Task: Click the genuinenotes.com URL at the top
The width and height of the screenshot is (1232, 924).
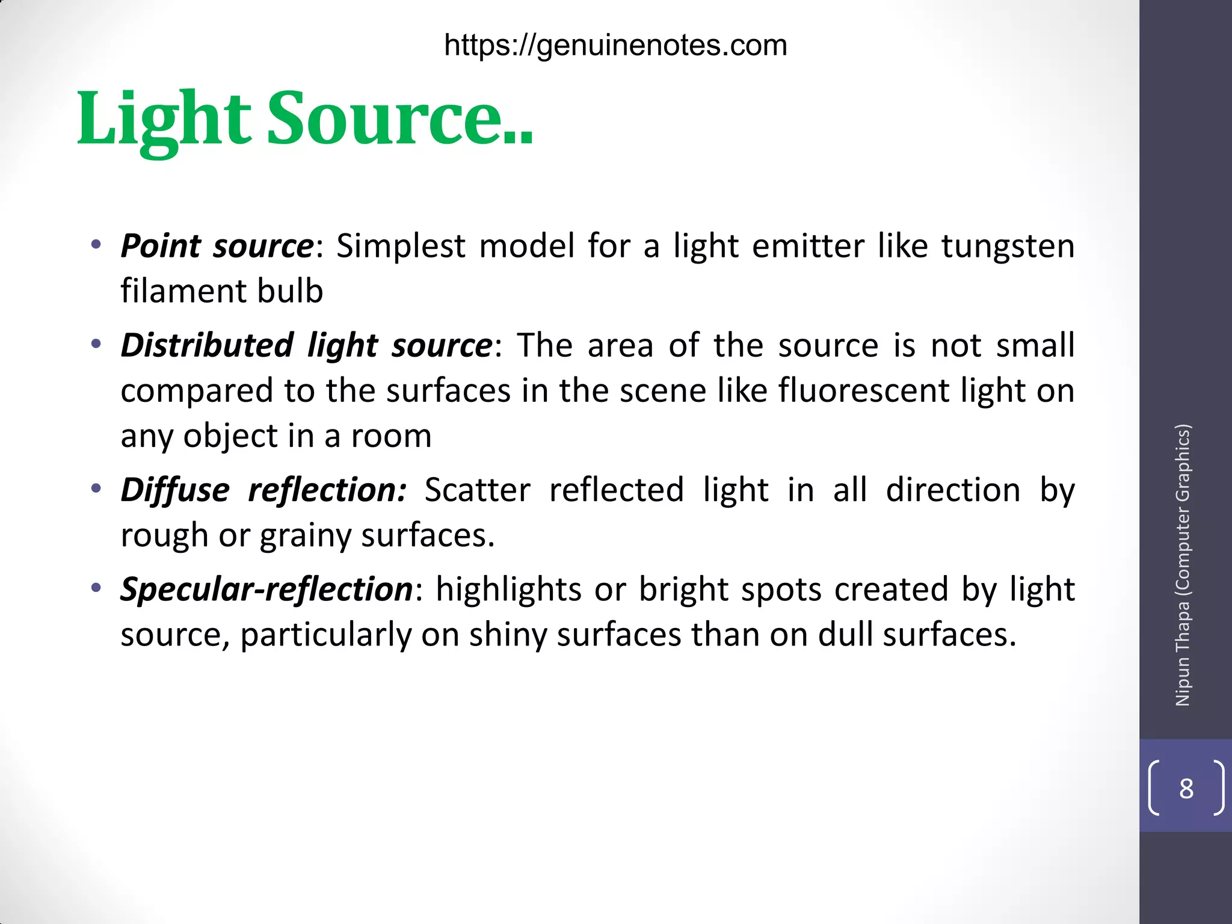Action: point(615,46)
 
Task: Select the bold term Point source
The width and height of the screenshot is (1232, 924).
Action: point(217,246)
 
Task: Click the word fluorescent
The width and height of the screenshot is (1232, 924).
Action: point(863,390)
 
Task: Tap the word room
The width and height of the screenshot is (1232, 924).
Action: point(391,436)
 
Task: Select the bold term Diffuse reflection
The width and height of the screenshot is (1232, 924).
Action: point(263,490)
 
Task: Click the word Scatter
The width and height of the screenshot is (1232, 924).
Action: point(478,490)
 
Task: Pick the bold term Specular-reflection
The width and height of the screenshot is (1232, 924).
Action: point(266,589)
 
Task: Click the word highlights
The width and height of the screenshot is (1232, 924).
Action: point(508,589)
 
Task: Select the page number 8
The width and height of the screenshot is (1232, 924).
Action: point(1186,789)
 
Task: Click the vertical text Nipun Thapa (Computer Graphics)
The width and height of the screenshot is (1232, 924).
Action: point(1183,565)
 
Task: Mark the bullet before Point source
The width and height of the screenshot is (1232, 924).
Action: point(96,245)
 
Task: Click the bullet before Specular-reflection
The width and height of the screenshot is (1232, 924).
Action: point(96,588)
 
